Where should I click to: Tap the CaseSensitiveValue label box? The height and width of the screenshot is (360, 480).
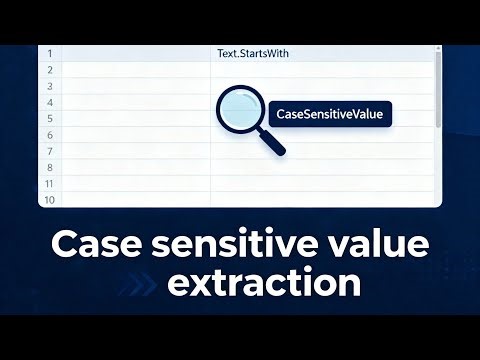(330, 114)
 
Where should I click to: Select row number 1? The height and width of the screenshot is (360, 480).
(49, 53)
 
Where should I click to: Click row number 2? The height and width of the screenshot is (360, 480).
(49, 70)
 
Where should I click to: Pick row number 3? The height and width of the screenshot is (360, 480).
(49, 86)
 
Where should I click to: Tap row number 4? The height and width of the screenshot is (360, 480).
(49, 102)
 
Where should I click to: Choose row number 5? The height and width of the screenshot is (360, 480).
(49, 118)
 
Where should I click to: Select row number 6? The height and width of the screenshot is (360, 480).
(49, 134)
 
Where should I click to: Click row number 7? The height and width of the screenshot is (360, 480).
(49, 151)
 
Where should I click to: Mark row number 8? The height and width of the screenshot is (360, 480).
(49, 167)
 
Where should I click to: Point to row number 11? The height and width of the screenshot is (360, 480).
(49, 184)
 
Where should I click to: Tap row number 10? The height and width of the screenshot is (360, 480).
(49, 200)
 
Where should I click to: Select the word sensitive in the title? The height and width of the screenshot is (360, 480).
(238, 244)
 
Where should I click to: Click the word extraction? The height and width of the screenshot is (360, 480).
(265, 283)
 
